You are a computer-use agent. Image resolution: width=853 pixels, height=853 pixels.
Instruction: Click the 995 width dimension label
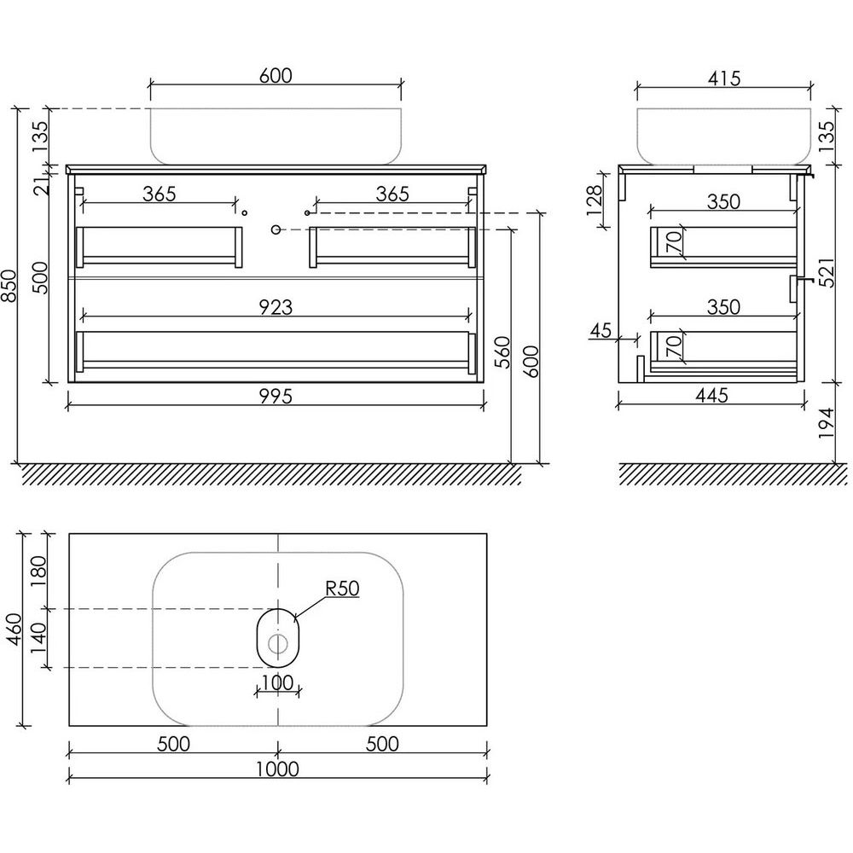[x=276, y=396]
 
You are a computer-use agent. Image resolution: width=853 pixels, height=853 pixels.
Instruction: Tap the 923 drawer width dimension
[x=276, y=307]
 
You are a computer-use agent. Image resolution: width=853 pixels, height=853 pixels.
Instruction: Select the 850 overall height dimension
[x=9, y=286]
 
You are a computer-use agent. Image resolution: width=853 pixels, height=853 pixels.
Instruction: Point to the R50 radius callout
[x=342, y=589]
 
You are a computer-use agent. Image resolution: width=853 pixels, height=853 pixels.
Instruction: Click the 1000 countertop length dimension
[x=277, y=769]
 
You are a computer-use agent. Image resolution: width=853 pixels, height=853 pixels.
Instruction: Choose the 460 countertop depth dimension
[x=15, y=630]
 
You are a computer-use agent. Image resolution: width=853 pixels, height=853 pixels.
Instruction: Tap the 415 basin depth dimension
[x=724, y=78]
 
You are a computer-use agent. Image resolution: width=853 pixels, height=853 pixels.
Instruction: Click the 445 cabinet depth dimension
[x=711, y=395]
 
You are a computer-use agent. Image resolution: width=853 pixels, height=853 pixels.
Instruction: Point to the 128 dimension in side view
[x=595, y=200]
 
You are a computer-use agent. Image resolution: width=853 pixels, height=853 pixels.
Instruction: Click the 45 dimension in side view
[x=601, y=330]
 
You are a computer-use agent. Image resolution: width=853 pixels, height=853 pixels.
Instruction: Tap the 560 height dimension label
[x=504, y=352]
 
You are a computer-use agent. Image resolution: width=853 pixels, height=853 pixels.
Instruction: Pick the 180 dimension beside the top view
[x=40, y=571]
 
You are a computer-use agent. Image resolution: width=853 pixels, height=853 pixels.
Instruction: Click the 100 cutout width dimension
[x=277, y=682]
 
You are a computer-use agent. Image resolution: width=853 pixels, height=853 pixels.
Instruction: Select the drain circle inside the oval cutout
[x=278, y=644]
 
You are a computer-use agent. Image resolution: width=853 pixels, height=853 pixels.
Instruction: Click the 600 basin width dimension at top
[x=276, y=76]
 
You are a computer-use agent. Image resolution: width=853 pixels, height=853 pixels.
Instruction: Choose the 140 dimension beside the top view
[x=40, y=639]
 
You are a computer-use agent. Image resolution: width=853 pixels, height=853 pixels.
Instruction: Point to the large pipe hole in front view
[x=276, y=229]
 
